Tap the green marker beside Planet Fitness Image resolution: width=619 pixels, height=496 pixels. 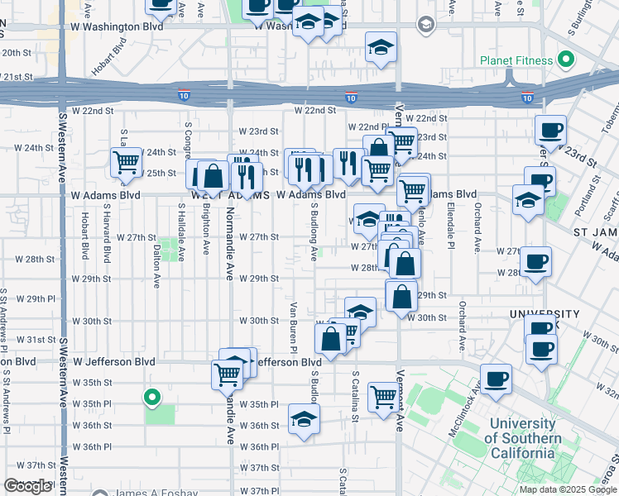click(566, 60)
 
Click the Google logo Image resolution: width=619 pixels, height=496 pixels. click(27, 486)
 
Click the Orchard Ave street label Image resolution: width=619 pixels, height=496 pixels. click(477, 234)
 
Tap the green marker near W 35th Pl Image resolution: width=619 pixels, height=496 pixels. click(152, 398)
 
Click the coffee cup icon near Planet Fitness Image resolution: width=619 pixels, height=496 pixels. click(550, 130)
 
